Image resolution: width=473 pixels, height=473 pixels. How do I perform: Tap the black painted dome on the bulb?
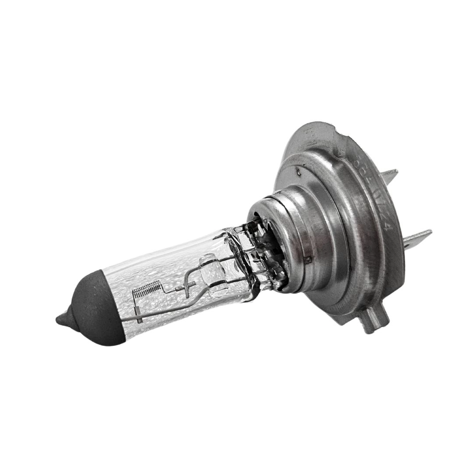tap(94, 311)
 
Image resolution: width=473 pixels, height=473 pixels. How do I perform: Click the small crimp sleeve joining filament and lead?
tap(177, 289)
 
